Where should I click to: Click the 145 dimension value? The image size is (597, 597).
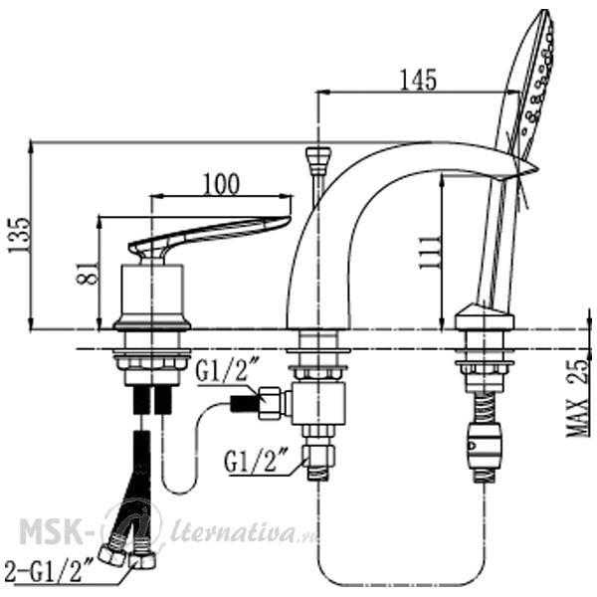(418, 80)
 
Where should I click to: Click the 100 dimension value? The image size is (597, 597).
(222, 184)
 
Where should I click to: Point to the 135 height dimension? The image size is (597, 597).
(18, 235)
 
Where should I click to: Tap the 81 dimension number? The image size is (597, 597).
(88, 273)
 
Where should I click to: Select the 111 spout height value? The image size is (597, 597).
(429, 252)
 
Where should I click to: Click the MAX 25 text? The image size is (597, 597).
(577, 398)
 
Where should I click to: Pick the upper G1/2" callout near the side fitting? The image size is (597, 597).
(228, 370)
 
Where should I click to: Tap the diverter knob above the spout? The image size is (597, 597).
(318, 161)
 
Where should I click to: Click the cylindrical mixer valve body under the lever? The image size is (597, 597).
(152, 294)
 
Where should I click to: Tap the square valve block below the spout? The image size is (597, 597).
(318, 404)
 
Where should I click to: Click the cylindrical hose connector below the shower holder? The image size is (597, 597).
(484, 446)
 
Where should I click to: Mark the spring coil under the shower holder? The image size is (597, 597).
(484, 407)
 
